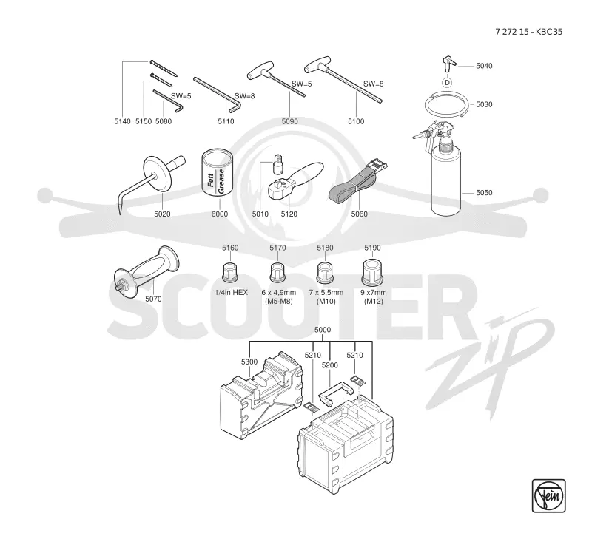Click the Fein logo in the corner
point(548,495)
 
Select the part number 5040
point(484,66)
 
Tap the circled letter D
point(448,83)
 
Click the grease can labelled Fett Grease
point(217,172)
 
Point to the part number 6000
point(220,214)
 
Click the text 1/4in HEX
point(232,292)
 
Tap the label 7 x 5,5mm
point(326,292)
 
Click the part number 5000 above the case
point(323,330)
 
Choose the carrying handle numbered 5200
point(336,393)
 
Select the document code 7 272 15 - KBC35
point(528,32)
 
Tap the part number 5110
point(226,121)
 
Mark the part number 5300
point(249,362)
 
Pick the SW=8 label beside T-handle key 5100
point(374,84)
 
